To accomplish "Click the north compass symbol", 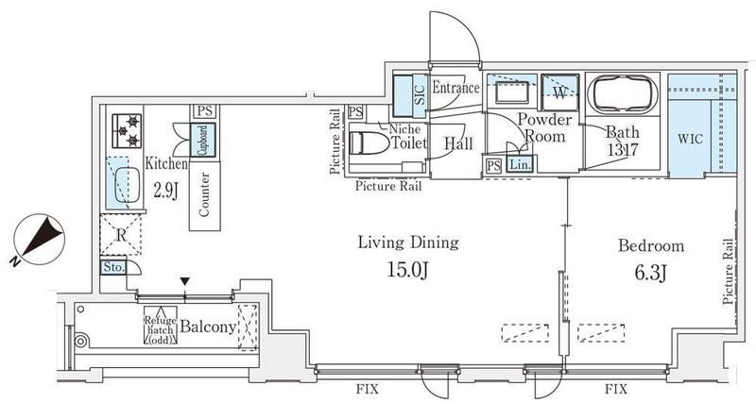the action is [x=39, y=240].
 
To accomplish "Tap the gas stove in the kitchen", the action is [x=127, y=130].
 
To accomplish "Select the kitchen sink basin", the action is [x=128, y=185].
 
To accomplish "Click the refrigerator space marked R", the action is [x=121, y=235].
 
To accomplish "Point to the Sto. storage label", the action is [x=113, y=267].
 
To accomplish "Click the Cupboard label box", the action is [x=203, y=140].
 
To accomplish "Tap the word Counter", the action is [x=204, y=194].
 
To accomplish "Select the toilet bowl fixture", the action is [x=369, y=143].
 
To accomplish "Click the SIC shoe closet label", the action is [x=419, y=95].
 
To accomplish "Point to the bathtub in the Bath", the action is [x=623, y=95].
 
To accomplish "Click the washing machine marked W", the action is [x=559, y=92].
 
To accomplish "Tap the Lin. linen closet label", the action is [x=520, y=164].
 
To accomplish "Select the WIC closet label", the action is [x=690, y=139].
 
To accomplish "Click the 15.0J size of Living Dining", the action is [x=408, y=270].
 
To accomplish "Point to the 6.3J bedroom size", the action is [x=650, y=274].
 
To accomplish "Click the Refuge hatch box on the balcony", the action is [x=161, y=326].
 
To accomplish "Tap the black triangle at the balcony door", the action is [x=184, y=281].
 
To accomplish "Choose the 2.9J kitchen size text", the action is [x=166, y=191].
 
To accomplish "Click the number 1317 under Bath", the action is [x=623, y=150].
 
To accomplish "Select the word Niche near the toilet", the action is [x=404, y=129].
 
